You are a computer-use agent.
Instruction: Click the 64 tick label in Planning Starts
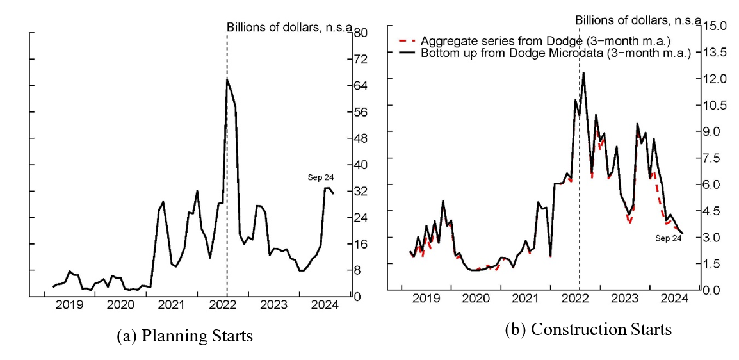coord(361,86)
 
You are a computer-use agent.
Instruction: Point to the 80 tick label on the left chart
coord(361,33)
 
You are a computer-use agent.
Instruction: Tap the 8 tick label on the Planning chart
coord(359,270)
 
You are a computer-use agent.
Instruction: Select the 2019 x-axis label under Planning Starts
coord(69,305)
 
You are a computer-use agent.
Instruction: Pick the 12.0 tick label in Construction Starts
coord(713,79)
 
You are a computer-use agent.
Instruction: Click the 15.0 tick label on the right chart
coord(713,26)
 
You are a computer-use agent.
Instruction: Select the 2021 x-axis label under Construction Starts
coord(524,299)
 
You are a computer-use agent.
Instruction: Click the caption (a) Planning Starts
coord(185,335)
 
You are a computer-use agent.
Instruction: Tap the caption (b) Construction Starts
coord(589,329)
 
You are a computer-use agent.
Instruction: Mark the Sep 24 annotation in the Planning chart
coord(322,178)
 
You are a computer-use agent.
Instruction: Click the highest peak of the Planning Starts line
coord(227,79)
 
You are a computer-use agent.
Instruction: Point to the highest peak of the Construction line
coord(583,72)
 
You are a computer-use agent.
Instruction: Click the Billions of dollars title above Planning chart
coord(289,27)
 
